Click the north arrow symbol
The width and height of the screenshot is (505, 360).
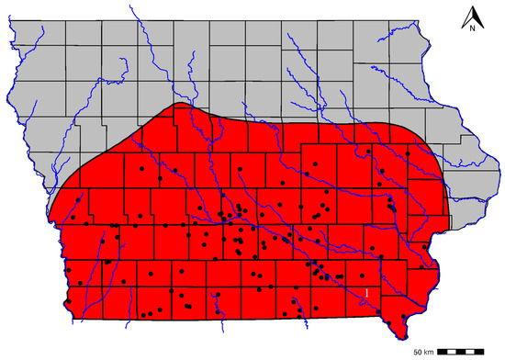point(471,17)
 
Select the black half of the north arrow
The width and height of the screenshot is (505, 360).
point(468,17)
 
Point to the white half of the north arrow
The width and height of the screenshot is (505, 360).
point(474,17)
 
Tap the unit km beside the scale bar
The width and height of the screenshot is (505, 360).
point(429,352)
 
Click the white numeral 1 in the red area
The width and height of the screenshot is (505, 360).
point(367,292)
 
